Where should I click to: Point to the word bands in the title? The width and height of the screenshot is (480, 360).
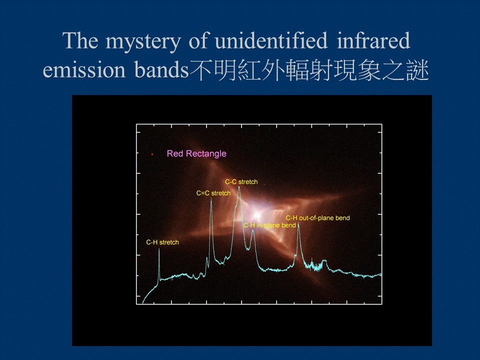(160, 70)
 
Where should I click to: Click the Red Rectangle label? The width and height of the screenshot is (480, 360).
(196, 153)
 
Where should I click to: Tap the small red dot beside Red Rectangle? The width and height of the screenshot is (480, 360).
(152, 154)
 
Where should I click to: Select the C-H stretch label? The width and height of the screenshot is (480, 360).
(162, 242)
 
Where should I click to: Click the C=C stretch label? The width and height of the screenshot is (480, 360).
(213, 193)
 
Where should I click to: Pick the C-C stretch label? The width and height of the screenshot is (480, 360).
(241, 182)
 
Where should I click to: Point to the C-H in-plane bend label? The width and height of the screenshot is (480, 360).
(269, 225)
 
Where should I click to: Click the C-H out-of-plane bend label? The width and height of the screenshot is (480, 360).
(317, 217)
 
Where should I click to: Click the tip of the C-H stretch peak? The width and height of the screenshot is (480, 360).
(159, 249)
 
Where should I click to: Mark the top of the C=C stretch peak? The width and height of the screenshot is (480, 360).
(211, 199)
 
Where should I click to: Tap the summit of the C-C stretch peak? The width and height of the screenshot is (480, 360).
(239, 187)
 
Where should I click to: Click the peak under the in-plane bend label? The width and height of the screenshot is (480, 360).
(253, 231)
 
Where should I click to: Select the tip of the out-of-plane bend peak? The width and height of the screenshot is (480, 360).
(298, 224)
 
